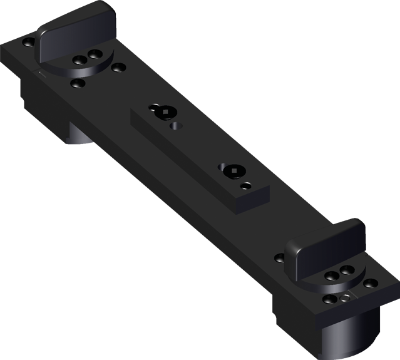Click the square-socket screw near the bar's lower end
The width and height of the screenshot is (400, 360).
[231, 171]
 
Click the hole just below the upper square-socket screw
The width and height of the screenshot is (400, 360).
[177, 126]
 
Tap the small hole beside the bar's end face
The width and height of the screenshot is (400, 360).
[247, 186]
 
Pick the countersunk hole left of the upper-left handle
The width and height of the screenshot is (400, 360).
[29, 43]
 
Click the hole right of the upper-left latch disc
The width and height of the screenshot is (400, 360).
[118, 67]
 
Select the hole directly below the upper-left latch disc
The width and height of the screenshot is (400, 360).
[78, 83]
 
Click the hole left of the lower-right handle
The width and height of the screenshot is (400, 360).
[280, 257]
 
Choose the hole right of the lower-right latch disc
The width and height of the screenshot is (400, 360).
[371, 284]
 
